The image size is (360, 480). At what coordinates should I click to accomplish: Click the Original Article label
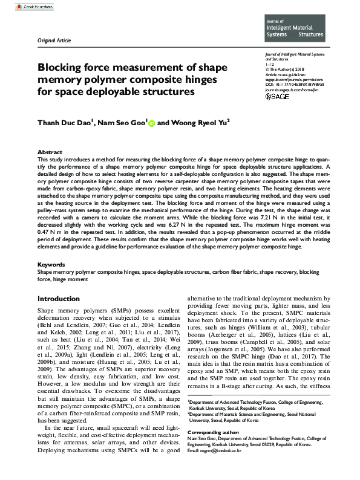click(54, 41)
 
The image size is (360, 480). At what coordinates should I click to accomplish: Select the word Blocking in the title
click(64, 67)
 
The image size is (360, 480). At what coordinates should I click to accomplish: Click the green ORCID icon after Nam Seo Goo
click(151, 122)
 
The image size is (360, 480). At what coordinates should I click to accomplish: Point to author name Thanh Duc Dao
click(65, 122)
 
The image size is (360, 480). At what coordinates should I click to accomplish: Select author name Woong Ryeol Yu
click(198, 122)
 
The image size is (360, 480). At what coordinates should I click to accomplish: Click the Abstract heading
click(50, 152)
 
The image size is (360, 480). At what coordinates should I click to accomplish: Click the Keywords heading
click(51, 265)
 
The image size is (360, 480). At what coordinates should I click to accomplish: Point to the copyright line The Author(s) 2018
click(288, 70)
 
